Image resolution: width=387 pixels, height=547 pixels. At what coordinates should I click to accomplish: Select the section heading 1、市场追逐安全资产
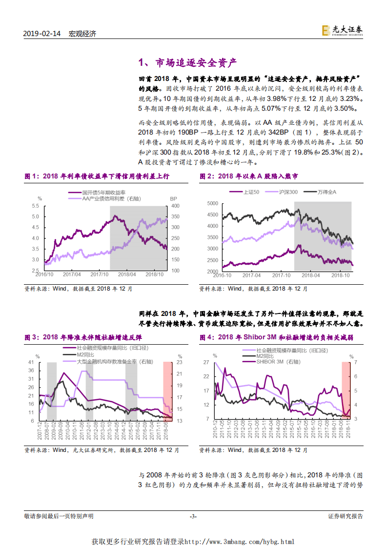click(187, 63)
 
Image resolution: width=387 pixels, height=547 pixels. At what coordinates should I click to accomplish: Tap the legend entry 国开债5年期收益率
click(103, 193)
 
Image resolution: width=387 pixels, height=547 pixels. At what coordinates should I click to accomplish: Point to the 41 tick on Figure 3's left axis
click(31, 362)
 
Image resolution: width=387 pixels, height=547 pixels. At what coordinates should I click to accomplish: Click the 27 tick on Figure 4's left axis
click(205, 362)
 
